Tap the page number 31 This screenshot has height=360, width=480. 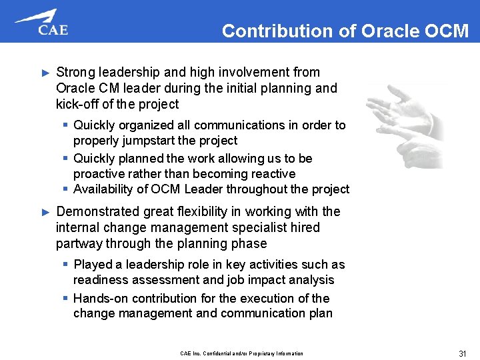click(462, 353)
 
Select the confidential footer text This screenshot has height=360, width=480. click(241, 353)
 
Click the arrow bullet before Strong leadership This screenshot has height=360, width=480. click(45, 72)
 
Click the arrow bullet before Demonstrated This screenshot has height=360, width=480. click(45, 212)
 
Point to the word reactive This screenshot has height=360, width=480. click(269, 173)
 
